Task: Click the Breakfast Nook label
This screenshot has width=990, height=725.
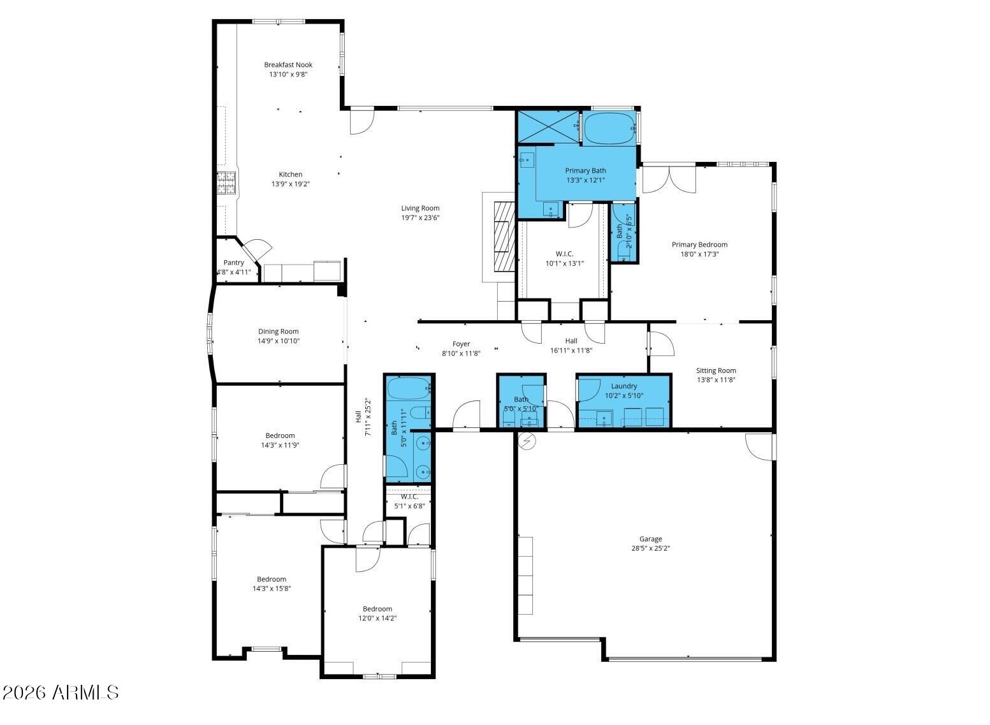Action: click(x=288, y=64)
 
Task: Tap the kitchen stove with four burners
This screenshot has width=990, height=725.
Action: click(x=226, y=183)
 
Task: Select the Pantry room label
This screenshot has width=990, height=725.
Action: click(x=233, y=263)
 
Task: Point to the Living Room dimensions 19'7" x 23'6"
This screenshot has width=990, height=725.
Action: click(x=420, y=217)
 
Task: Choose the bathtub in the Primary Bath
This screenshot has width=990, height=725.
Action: click(x=609, y=128)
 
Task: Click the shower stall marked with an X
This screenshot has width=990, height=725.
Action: click(x=548, y=127)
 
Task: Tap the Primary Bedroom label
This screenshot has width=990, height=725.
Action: click(x=699, y=244)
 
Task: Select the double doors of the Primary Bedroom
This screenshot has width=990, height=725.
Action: click(x=669, y=179)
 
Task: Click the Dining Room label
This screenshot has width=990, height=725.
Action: click(x=279, y=331)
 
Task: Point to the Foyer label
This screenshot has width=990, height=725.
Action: click(x=461, y=344)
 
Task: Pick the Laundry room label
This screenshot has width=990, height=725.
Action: click(x=623, y=386)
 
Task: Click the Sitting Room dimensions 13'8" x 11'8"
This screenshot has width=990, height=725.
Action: click(x=716, y=380)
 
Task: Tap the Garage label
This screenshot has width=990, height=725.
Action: click(x=651, y=539)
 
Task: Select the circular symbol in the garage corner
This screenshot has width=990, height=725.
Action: click(x=527, y=441)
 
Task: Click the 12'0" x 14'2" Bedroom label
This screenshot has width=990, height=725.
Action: click(x=377, y=609)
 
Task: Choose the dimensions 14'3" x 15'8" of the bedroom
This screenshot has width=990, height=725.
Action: click(x=272, y=589)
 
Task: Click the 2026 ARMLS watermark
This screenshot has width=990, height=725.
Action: click(x=60, y=692)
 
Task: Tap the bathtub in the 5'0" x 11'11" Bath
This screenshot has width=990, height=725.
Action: click(x=409, y=388)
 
